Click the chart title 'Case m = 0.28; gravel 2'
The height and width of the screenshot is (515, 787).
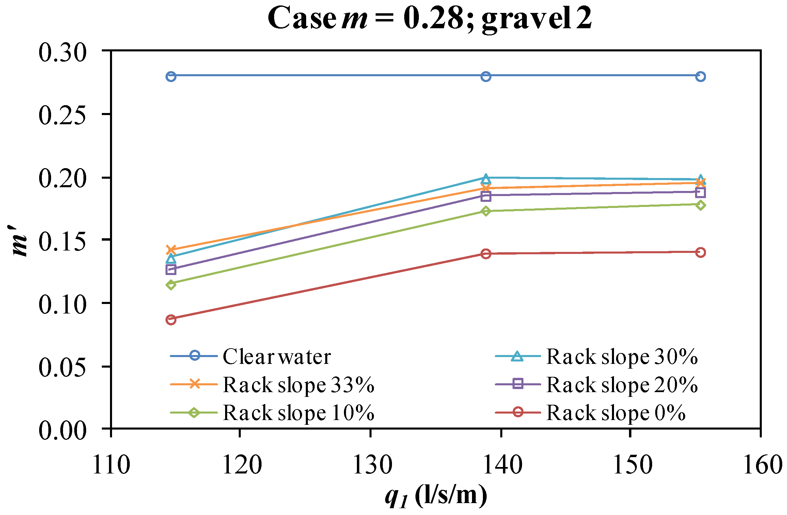[x=430, y=19]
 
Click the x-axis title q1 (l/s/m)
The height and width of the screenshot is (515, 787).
[x=436, y=495]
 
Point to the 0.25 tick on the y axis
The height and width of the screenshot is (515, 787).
[x=62, y=115]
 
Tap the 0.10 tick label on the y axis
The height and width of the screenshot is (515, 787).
[x=62, y=304]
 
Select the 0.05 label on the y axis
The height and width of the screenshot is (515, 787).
[x=62, y=367]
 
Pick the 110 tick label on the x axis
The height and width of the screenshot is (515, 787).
[x=111, y=465]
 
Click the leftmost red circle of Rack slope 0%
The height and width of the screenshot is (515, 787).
[x=171, y=320]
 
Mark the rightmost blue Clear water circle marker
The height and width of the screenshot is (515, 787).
[x=700, y=77]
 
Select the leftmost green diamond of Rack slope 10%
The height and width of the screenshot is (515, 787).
[x=171, y=284]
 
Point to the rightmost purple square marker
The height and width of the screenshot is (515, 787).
[x=700, y=193]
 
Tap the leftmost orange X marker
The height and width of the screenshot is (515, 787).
[x=171, y=250]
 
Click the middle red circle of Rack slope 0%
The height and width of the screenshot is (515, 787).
[x=486, y=254]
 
